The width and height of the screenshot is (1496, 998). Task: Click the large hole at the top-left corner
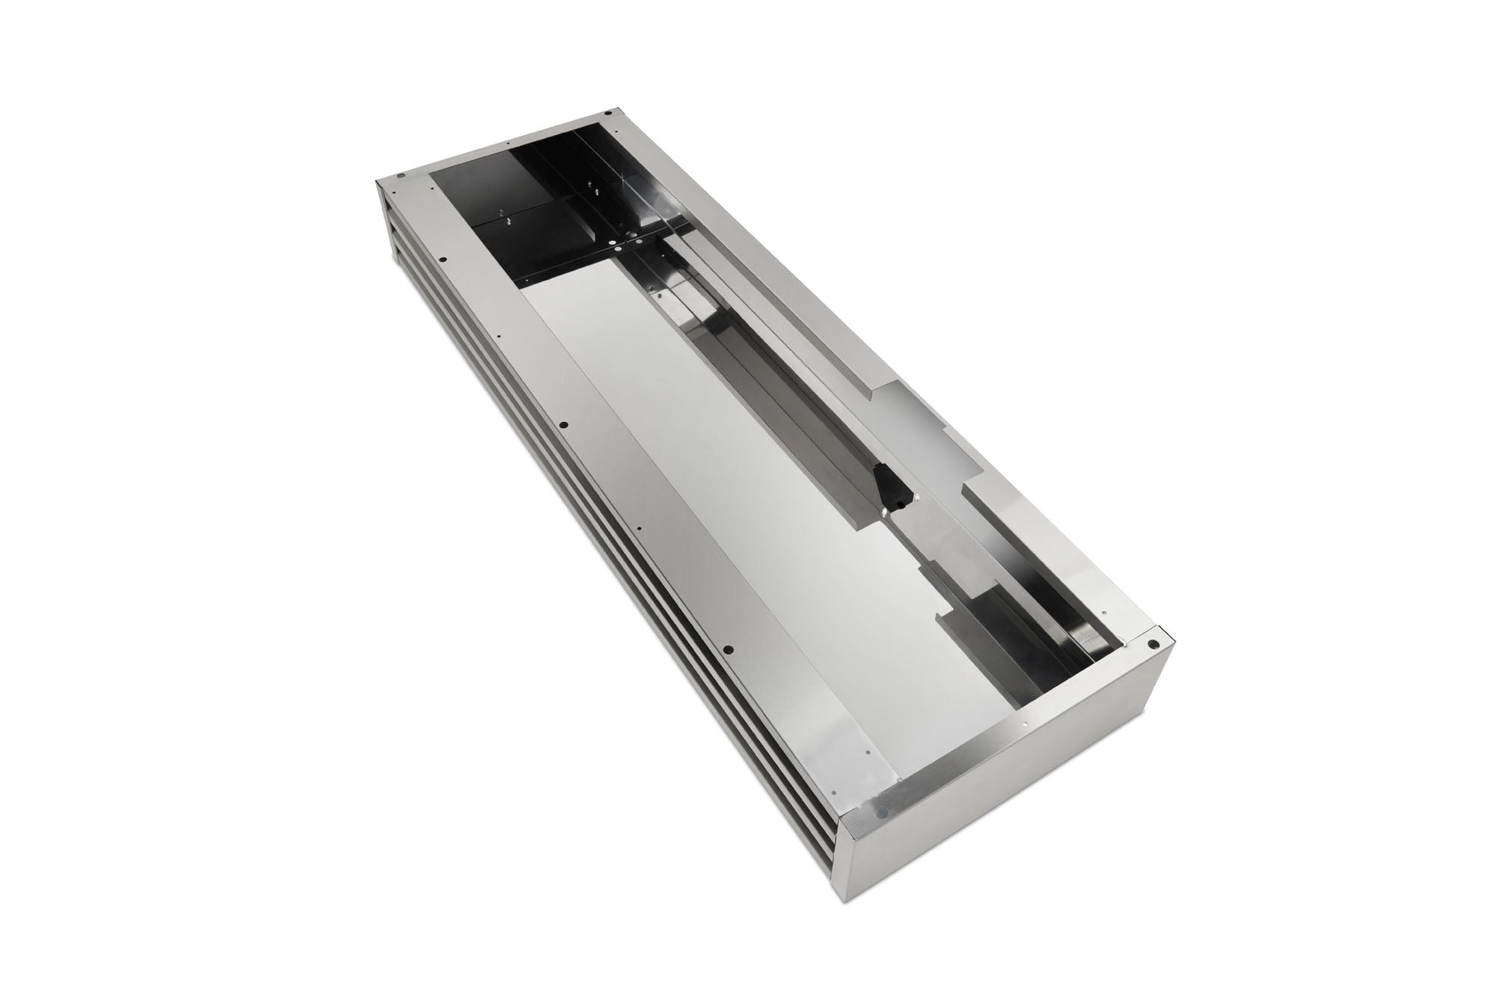[401, 177]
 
